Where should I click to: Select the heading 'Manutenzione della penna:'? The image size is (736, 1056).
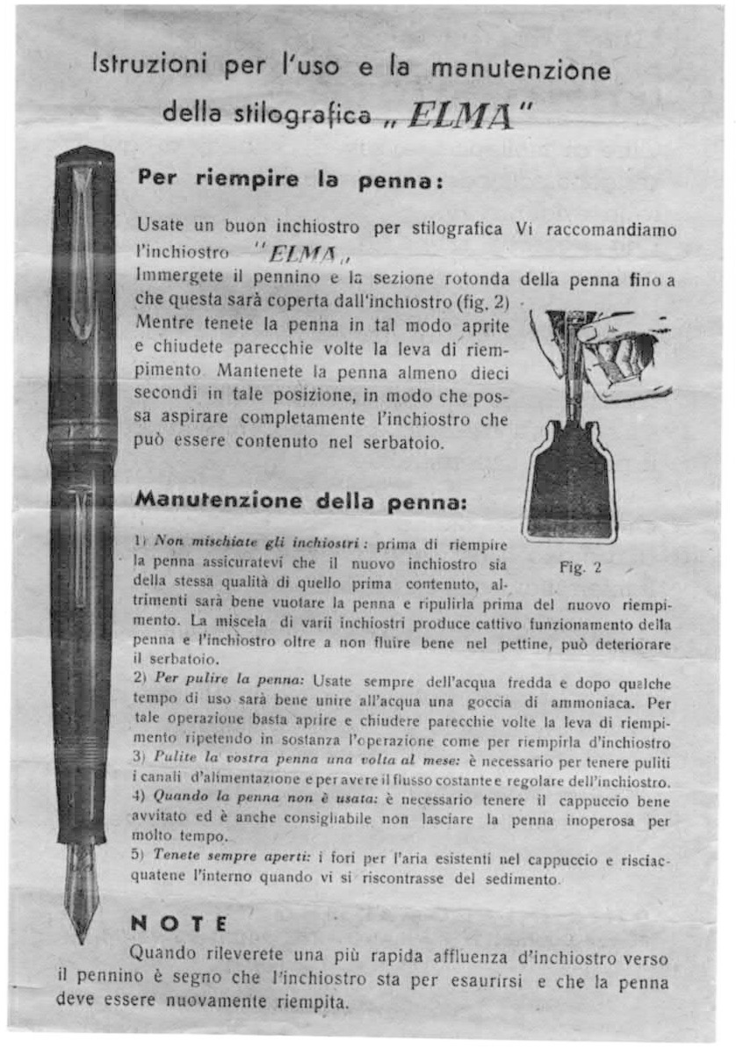click(295, 503)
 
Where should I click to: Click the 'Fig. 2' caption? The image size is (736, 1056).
click(581, 567)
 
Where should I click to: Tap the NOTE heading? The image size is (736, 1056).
click(178, 923)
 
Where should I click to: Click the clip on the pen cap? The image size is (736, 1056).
click(81, 255)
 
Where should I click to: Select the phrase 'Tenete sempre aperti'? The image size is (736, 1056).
click(214, 853)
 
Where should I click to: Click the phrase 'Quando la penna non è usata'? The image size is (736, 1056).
click(232, 801)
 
